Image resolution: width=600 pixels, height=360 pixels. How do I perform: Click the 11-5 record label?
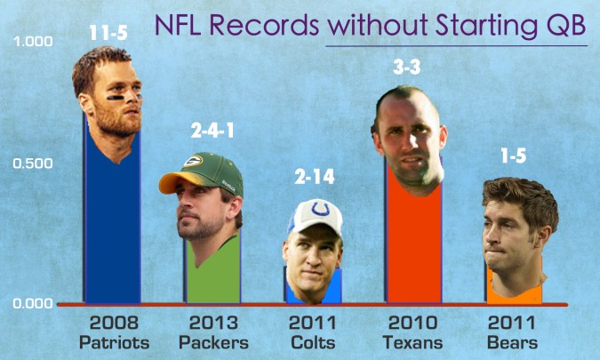point(109,33)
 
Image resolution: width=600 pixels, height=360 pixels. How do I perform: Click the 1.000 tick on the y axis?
point(32,42)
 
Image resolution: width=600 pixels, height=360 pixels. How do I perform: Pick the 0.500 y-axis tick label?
point(32,164)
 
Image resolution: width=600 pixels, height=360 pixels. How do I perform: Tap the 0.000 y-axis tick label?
point(32,303)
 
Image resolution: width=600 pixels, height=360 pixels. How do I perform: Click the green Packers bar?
point(212,271)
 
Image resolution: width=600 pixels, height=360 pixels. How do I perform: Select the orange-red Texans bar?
point(412,249)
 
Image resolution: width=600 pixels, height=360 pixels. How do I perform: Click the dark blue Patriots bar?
point(111,231)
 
